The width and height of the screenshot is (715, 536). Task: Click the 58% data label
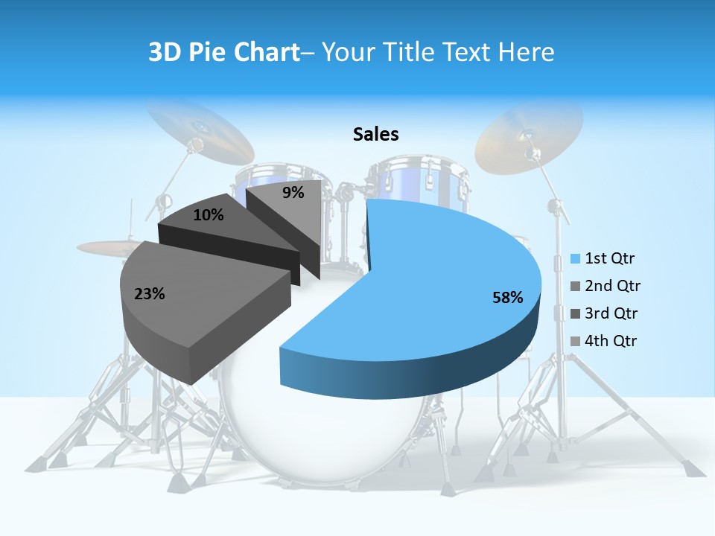click(x=507, y=298)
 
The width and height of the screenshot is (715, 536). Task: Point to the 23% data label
click(x=149, y=294)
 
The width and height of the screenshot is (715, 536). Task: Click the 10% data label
click(x=208, y=215)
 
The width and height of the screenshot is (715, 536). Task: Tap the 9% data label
click(x=293, y=193)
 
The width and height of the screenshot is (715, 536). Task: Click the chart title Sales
click(x=375, y=134)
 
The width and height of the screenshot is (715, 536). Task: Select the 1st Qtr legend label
click(x=609, y=258)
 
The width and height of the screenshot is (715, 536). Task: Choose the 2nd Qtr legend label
click(x=612, y=286)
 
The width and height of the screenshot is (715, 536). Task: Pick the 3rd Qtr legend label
click(x=612, y=313)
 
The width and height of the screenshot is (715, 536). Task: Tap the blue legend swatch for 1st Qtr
click(x=575, y=259)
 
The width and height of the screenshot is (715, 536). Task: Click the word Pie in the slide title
click(x=211, y=52)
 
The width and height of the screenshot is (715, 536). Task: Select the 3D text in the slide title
click(x=165, y=52)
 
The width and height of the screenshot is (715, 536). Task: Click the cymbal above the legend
click(x=529, y=138)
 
